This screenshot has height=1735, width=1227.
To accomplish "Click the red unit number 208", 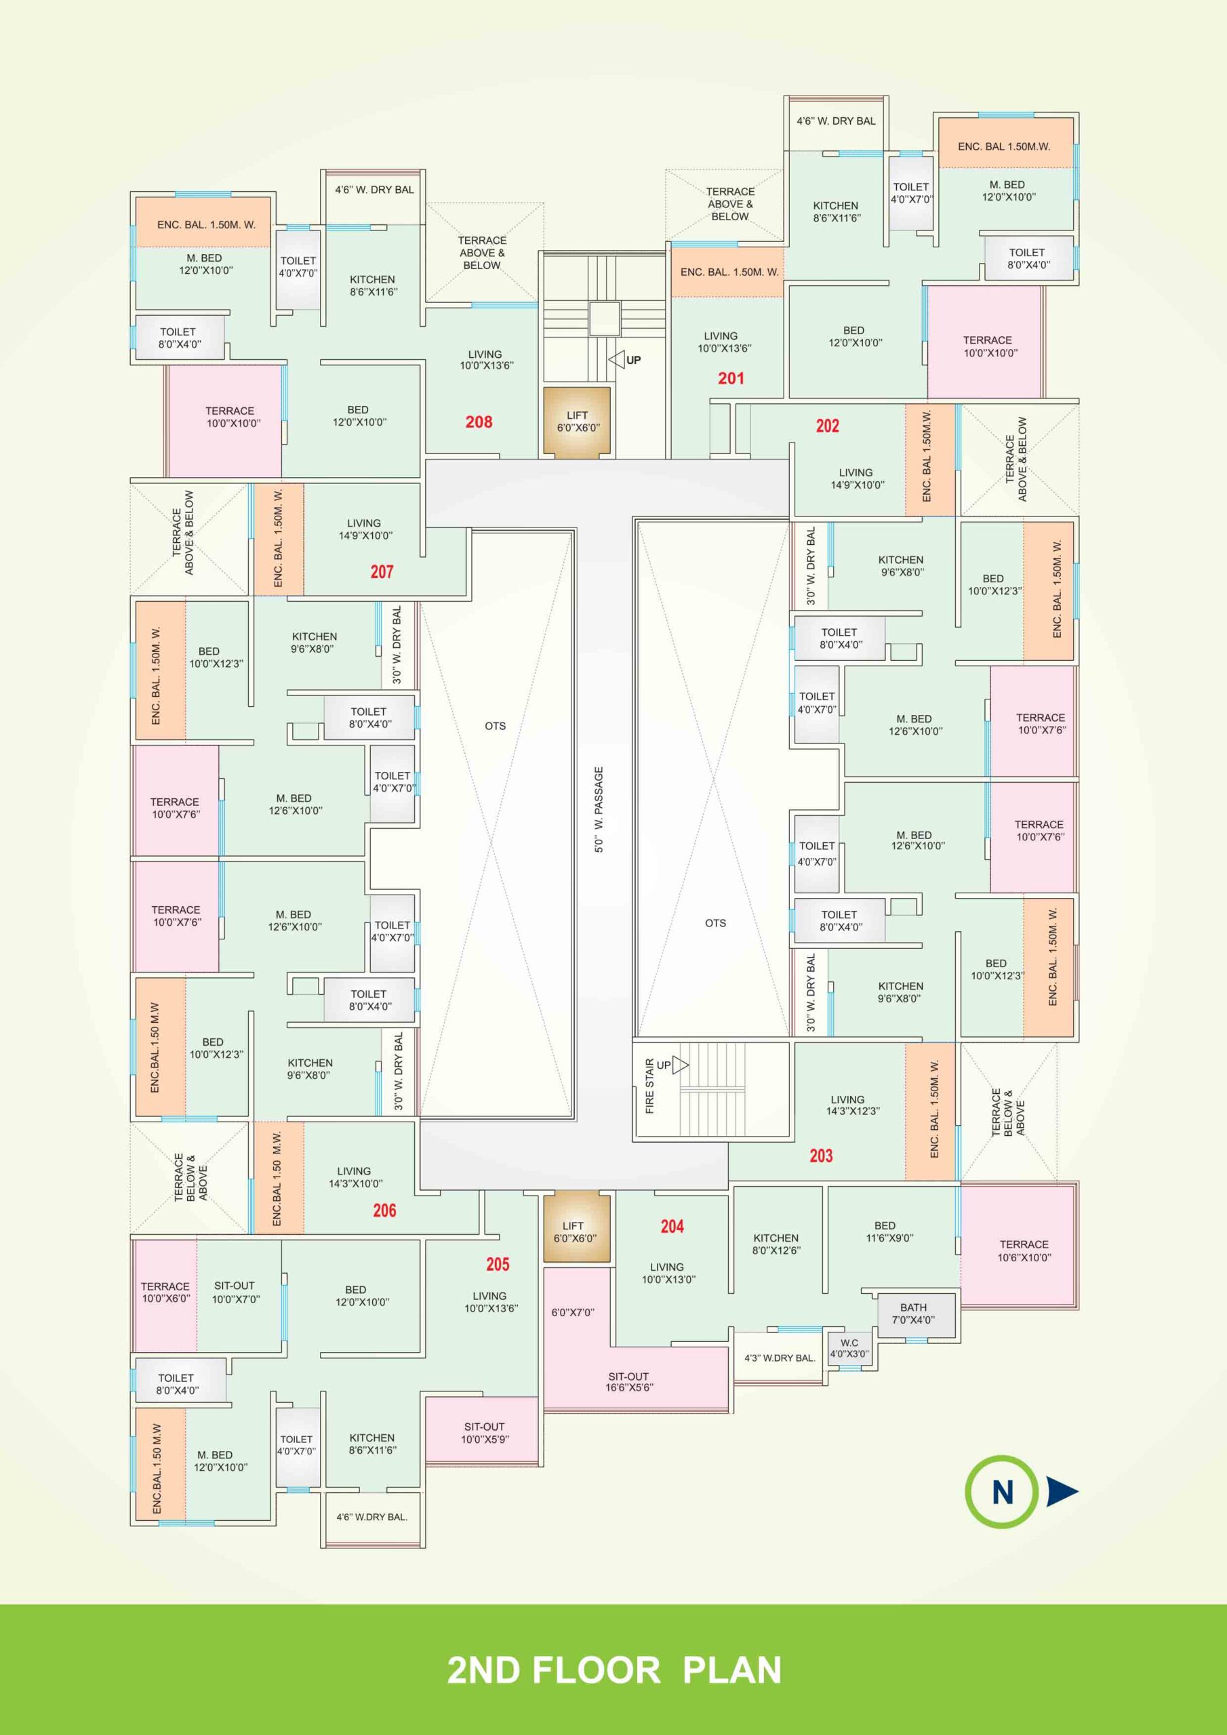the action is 479,422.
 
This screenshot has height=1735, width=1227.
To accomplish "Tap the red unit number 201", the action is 731,377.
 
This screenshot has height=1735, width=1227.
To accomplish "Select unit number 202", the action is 827,426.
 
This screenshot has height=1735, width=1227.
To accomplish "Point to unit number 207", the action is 382,571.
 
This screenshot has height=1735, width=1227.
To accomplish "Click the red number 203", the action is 821,1156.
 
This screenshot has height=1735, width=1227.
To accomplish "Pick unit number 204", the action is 672,1227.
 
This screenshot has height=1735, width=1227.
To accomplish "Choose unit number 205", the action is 498,1263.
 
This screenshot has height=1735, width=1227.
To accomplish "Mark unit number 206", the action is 384,1210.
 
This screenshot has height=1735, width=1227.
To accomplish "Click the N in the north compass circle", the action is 1002,1492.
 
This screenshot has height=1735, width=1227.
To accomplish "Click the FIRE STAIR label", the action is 649,1086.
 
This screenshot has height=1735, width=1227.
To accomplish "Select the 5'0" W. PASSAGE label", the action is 599,809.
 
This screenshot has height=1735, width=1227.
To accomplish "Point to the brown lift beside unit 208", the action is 577,422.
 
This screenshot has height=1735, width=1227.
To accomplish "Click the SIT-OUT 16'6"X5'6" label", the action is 628,1381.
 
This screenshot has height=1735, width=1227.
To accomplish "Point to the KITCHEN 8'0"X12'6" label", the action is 776,1244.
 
